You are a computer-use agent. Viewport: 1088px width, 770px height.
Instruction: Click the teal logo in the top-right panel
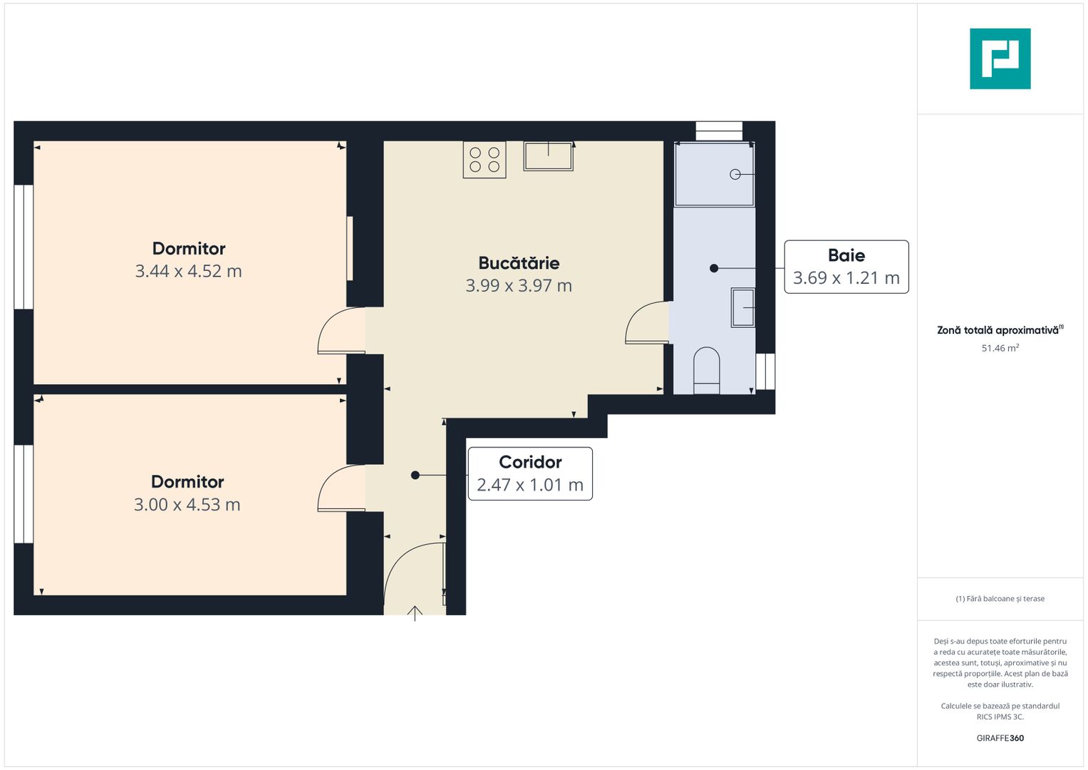(1000, 58)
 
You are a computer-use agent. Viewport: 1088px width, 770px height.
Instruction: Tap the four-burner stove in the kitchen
(485, 160)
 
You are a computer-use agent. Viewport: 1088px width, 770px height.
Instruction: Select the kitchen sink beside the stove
(548, 156)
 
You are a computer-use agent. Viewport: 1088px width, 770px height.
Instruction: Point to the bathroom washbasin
(743, 308)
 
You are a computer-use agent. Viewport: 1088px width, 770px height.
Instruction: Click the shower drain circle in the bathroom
(735, 174)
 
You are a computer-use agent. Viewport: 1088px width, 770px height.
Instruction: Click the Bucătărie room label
(519, 263)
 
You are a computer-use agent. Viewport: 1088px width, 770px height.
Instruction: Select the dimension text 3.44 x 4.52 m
(189, 272)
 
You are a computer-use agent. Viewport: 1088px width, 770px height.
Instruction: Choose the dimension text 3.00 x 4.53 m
(187, 505)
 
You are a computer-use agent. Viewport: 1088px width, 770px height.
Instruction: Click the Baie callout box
(846, 267)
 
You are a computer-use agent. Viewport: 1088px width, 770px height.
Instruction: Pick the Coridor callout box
(530, 473)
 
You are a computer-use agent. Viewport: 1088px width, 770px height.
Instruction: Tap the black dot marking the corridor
(415, 475)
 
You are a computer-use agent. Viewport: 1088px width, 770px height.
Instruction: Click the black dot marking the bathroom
(714, 268)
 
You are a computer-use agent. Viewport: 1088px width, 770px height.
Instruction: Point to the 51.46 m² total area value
(1000, 348)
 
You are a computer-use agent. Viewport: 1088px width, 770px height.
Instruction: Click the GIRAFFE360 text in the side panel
(1000, 738)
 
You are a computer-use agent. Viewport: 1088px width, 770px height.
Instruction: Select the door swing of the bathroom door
(645, 324)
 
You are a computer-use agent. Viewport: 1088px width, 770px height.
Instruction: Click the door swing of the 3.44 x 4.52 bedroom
(341, 331)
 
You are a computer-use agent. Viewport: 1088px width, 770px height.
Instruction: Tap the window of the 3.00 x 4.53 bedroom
(24, 494)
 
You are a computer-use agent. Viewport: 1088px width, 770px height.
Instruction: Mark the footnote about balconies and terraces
(1000, 599)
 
